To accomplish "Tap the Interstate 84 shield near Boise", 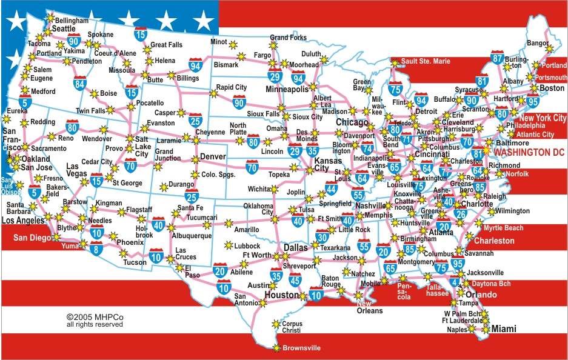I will point(80,83).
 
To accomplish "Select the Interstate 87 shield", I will point(498,58).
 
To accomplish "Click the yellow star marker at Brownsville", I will point(276,348).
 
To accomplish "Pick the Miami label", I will point(504,328).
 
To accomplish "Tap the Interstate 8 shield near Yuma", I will point(96,247).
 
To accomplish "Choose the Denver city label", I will point(213,156).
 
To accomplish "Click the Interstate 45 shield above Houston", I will point(295,279).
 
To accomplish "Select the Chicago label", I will point(352,123).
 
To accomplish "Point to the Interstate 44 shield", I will point(331,188).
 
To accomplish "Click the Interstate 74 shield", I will point(367,148).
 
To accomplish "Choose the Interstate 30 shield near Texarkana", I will point(322,238).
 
